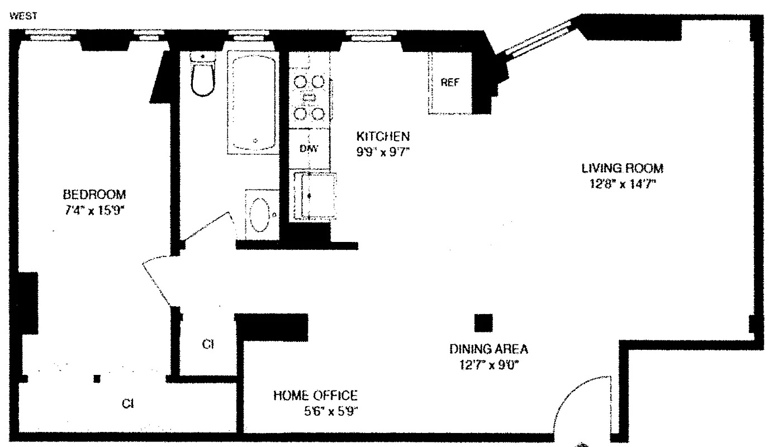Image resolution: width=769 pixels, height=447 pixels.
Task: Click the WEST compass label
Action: tap(23, 16)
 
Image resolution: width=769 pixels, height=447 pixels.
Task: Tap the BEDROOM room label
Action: tap(94, 194)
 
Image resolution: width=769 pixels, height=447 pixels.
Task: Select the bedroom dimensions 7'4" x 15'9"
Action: tap(94, 210)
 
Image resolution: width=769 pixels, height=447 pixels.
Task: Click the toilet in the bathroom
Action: tap(203, 75)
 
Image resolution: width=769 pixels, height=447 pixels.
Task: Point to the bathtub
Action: tap(253, 102)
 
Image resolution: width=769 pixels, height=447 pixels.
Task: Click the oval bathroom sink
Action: tap(260, 215)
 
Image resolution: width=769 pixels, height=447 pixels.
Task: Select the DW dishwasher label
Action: tap(308, 149)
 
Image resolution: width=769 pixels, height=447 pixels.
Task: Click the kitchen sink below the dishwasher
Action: tap(315, 196)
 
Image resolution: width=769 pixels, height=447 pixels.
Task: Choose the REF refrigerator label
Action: tap(450, 82)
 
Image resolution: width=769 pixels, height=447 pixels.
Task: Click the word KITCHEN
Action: tap(383, 137)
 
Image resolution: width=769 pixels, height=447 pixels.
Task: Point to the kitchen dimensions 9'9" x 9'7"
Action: tap(383, 152)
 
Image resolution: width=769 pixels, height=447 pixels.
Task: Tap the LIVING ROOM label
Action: tap(623, 169)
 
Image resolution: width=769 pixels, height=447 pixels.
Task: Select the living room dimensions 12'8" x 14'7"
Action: tap(623, 184)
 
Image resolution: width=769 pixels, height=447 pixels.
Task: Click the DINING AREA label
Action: tap(488, 349)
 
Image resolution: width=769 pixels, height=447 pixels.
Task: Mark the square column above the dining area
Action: tap(483, 323)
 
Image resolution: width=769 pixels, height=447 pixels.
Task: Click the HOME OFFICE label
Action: tap(316, 396)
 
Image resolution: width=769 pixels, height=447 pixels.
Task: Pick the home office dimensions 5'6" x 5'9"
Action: tap(331, 411)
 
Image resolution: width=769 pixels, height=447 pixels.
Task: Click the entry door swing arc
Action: tap(570, 391)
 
